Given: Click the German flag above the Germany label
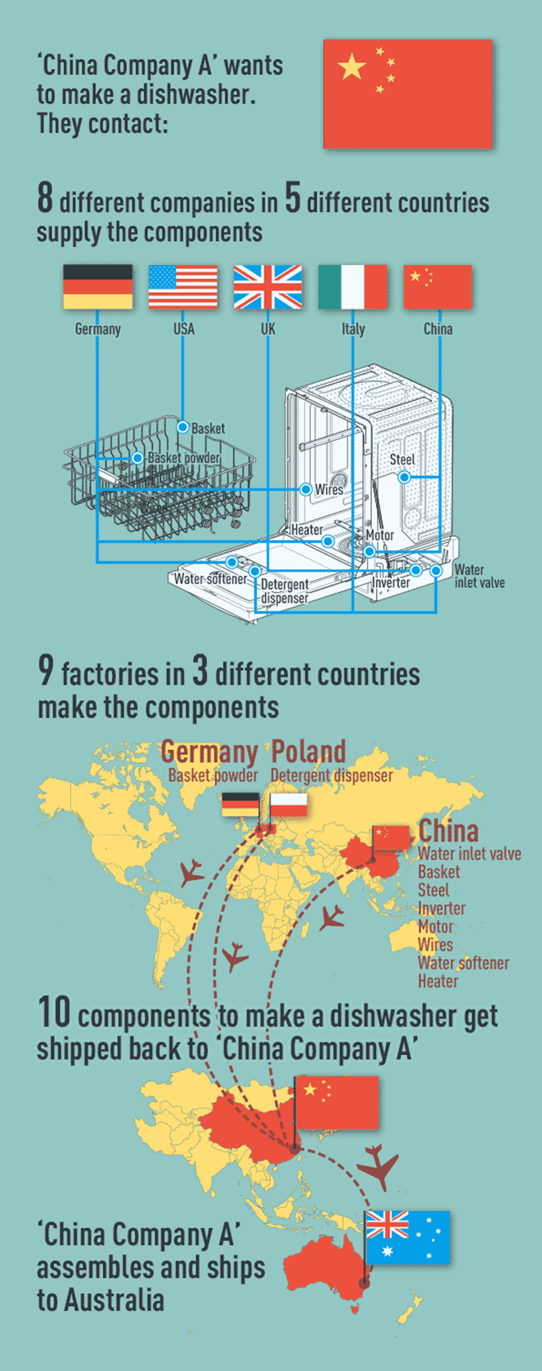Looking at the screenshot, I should click(x=98, y=286).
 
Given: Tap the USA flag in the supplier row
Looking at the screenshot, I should click(x=183, y=286).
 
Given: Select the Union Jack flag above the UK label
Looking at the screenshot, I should click(x=268, y=286).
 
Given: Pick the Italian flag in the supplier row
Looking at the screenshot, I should click(x=353, y=286).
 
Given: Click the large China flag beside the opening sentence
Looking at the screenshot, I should click(x=407, y=94).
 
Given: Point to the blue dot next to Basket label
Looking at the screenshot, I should click(x=183, y=427).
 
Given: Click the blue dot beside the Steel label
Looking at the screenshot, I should click(x=404, y=476).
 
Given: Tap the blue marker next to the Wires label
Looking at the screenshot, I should click(x=306, y=489).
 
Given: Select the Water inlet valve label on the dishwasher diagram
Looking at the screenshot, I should click(x=479, y=576).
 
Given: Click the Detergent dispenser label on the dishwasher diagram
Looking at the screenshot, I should click(x=285, y=591).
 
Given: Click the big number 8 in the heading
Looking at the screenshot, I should click(x=45, y=198).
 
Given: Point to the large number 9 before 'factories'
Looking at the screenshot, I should click(x=46, y=670).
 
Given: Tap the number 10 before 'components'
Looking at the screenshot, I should click(x=54, y=1012).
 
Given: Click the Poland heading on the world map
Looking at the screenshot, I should click(x=309, y=751).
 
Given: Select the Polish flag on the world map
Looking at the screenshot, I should click(x=288, y=805).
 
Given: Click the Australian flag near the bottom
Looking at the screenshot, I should click(x=407, y=1237).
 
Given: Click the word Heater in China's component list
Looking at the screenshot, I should click(x=438, y=981).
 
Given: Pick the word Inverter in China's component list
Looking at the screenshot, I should click(x=442, y=908).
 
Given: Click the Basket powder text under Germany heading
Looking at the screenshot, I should click(x=213, y=775).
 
